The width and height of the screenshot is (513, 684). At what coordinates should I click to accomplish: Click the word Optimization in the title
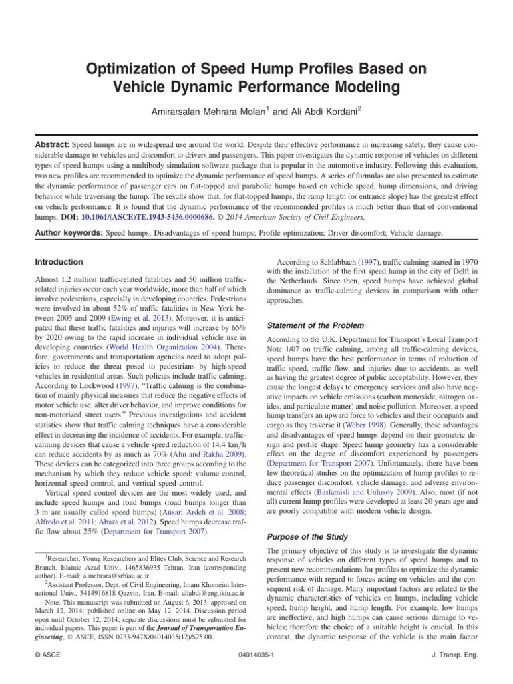(x=119, y=70)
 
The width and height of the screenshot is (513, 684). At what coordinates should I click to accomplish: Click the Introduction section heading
(x=59, y=262)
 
